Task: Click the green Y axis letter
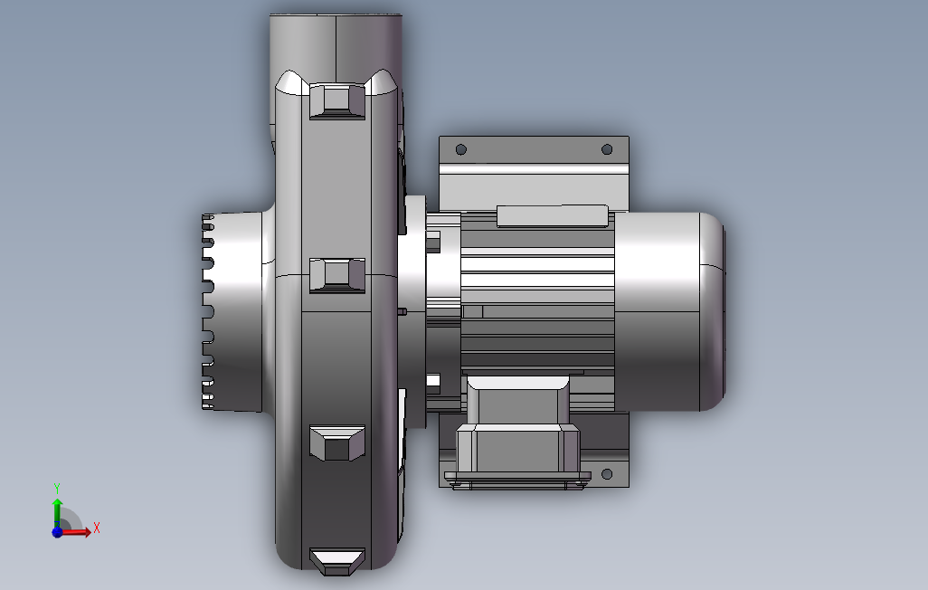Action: point(57,489)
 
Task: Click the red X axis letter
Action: point(97,528)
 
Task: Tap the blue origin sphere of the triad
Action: point(57,532)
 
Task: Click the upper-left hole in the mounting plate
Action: point(461,149)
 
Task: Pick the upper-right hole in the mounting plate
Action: point(607,149)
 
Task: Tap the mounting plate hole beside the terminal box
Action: point(607,474)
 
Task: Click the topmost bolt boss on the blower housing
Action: point(337,100)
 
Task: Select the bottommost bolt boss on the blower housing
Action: point(337,561)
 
